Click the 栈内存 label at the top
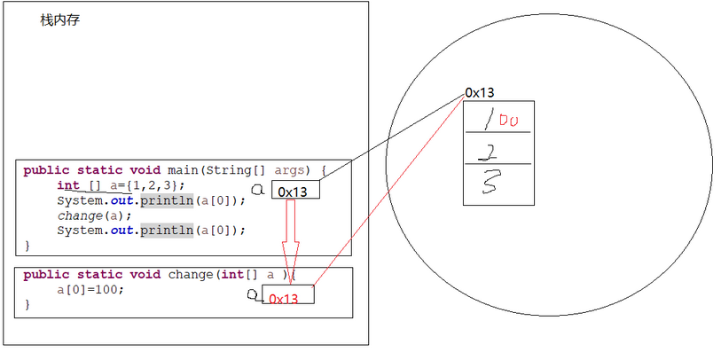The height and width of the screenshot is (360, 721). coord(60,20)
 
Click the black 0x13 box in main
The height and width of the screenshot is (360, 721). coord(295,191)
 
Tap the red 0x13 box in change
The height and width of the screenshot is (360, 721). coord(287,296)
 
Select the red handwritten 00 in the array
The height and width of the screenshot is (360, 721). coord(507,120)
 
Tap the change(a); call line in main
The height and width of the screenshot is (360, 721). coord(94,215)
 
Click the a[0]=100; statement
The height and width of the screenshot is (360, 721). coord(91,289)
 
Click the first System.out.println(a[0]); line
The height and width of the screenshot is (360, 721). coord(151,200)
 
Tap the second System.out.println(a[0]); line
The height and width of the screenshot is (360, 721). coord(151,231)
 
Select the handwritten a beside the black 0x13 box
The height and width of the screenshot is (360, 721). coord(257,189)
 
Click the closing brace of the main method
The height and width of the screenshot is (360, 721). coord(27,245)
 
